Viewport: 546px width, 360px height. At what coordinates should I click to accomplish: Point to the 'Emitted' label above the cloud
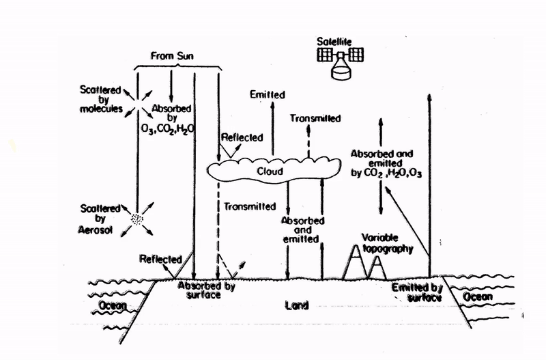pos(268,93)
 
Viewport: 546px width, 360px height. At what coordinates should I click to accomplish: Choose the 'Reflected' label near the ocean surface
pos(160,259)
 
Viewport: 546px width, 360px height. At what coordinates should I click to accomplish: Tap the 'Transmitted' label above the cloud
pos(316,117)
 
